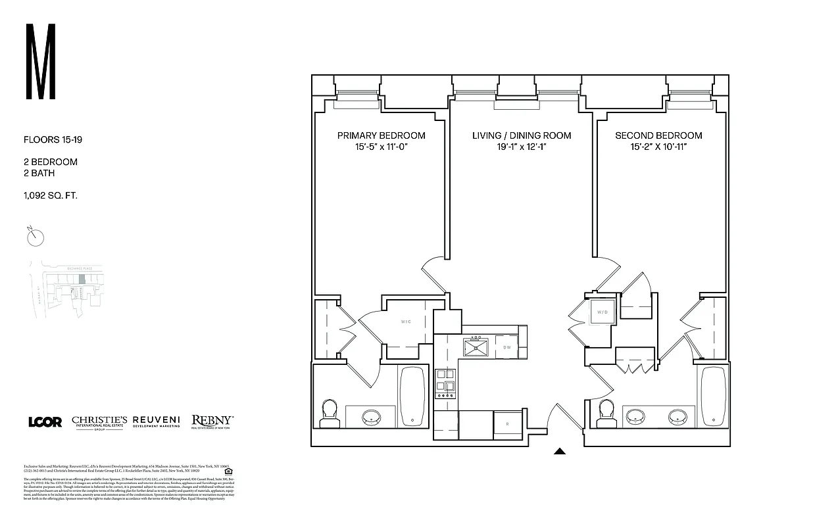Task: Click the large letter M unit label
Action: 40,62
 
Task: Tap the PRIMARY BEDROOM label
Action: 381,135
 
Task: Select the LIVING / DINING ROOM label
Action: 522,135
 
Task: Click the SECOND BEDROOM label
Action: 658,135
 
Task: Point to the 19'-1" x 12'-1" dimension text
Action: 522,147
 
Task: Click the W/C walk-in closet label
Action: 406,322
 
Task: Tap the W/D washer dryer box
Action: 603,312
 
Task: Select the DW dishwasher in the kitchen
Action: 506,347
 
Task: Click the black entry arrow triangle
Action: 560,452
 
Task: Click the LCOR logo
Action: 45,422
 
